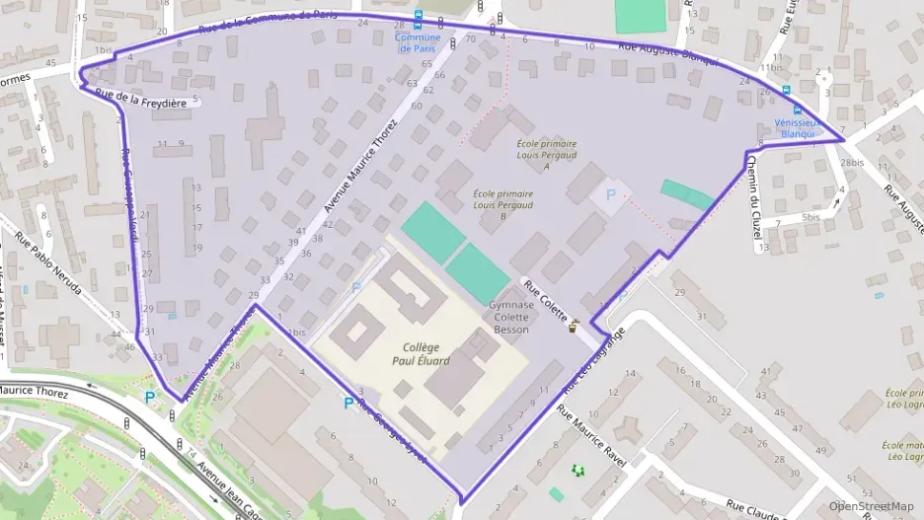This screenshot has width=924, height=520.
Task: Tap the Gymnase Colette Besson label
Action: tap(511, 318)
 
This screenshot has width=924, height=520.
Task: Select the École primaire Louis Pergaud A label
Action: tap(546, 154)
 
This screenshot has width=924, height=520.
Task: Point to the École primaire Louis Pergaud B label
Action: tap(502, 205)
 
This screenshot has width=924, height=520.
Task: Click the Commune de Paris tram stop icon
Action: tap(418, 18)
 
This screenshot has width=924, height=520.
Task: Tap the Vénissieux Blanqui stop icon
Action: tap(797, 111)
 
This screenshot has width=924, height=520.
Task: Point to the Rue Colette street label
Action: tap(545, 301)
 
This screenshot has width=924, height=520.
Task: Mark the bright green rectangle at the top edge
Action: tap(641, 15)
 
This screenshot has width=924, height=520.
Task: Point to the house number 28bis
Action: tap(851, 162)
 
